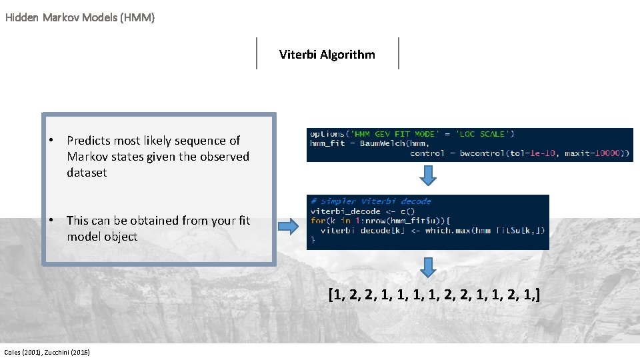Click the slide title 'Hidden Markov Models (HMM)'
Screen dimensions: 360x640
(80, 17)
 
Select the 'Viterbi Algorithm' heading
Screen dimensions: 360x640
(327, 55)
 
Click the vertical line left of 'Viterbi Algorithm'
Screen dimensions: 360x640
(257, 53)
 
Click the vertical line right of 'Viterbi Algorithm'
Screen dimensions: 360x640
(399, 53)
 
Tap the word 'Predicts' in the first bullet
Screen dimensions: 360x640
(89, 141)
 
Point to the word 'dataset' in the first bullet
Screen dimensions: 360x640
(87, 173)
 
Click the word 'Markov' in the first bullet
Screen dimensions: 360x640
(85, 157)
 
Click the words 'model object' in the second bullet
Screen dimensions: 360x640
(102, 237)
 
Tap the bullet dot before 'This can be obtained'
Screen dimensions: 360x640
(51, 220)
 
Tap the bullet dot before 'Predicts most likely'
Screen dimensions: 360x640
(51, 140)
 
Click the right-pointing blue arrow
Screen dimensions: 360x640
(288, 227)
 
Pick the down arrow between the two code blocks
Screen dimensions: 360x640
(429, 175)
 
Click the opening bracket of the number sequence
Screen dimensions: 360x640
(331, 294)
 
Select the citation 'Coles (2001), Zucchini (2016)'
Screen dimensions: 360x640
(47, 352)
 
